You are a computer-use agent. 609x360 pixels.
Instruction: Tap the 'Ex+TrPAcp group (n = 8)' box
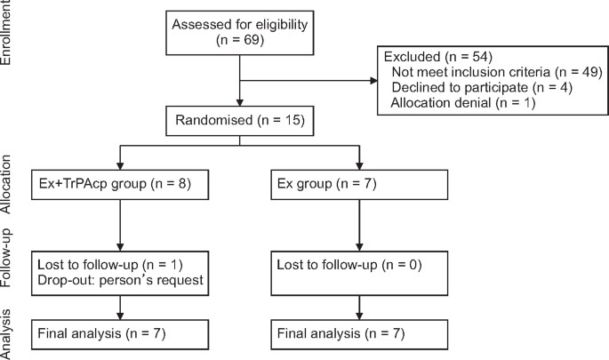pos(119,185)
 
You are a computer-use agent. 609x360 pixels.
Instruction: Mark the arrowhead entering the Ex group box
pos(358,166)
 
